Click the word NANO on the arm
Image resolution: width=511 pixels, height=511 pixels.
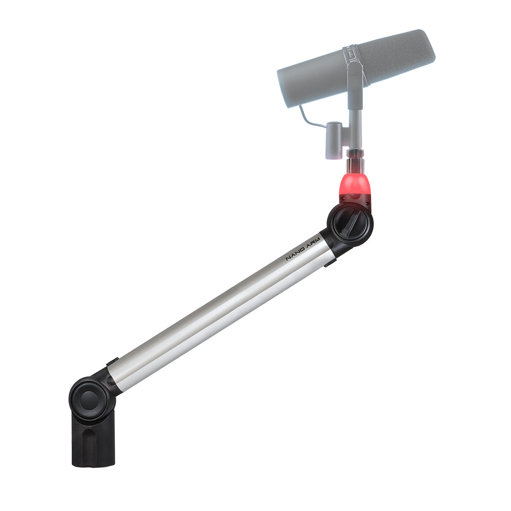point(295,254)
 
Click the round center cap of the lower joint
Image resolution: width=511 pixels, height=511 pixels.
point(89,400)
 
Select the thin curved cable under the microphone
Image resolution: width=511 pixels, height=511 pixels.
point(310,118)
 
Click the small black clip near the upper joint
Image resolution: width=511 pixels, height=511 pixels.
point(330,262)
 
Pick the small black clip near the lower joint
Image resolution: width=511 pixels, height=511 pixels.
point(112,362)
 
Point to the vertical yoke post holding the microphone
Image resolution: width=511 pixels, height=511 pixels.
point(355,114)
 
